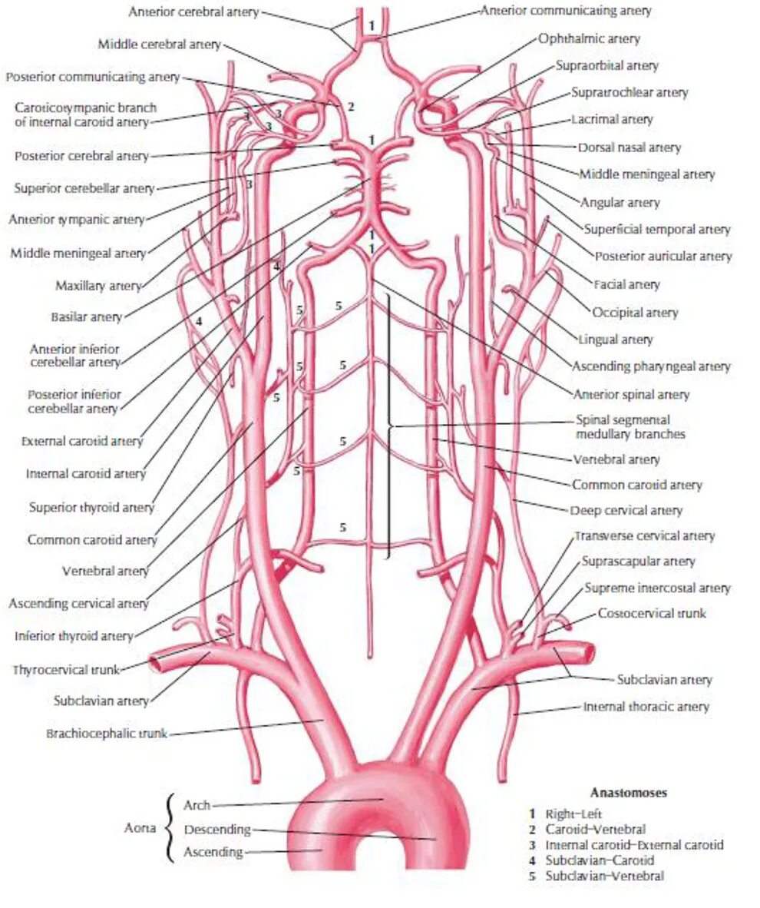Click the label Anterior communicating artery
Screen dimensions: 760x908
(x=566, y=11)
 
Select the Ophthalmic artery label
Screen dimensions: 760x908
(x=589, y=38)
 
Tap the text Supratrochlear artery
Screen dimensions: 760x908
(x=629, y=92)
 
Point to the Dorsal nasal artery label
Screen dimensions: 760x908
(x=629, y=147)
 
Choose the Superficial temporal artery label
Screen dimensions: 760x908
(x=657, y=229)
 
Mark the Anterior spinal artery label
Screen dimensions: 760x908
(x=631, y=395)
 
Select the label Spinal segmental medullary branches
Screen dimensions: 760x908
(x=630, y=427)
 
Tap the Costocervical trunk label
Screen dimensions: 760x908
(x=652, y=614)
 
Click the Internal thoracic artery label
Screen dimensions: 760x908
(x=646, y=707)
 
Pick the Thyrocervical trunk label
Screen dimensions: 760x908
(x=67, y=670)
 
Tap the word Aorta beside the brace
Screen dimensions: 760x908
(x=141, y=829)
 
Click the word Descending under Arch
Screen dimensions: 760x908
(x=217, y=830)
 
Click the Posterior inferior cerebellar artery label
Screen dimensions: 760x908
(x=74, y=401)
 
